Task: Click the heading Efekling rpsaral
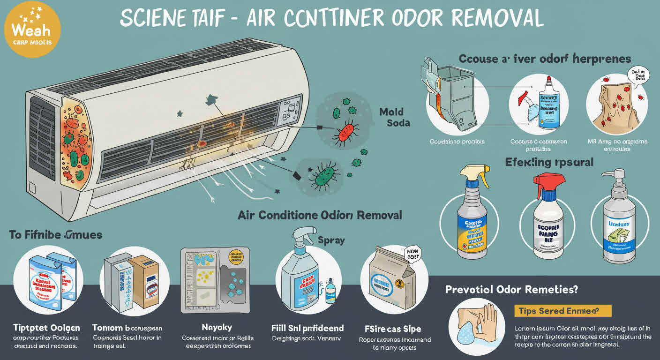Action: click(x=549, y=163)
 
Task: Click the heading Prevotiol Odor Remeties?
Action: click(x=511, y=289)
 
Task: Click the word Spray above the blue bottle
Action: click(x=331, y=240)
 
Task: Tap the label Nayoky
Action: click(x=216, y=327)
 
